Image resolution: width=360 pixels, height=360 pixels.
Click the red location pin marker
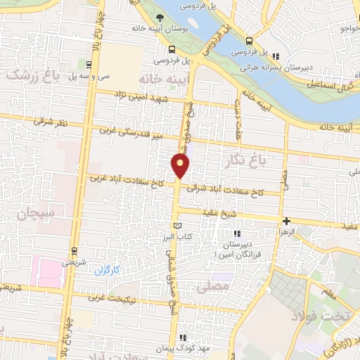pyautogui.click(x=181, y=166)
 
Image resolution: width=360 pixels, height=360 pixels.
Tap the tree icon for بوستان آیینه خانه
pyautogui.click(x=161, y=18)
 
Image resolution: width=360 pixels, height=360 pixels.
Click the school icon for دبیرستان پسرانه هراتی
pyautogui.click(x=276, y=57)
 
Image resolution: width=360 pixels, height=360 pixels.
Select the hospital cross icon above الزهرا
pyautogui.click(x=286, y=221)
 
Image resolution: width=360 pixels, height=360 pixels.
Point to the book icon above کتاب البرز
pyautogui.click(x=176, y=224)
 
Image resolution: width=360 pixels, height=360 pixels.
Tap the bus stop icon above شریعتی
pyautogui.click(x=74, y=250)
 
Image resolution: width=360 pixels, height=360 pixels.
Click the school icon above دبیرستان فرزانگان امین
pyautogui.click(x=236, y=233)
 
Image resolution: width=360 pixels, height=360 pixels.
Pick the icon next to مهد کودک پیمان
pyautogui.click(x=184, y=337)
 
